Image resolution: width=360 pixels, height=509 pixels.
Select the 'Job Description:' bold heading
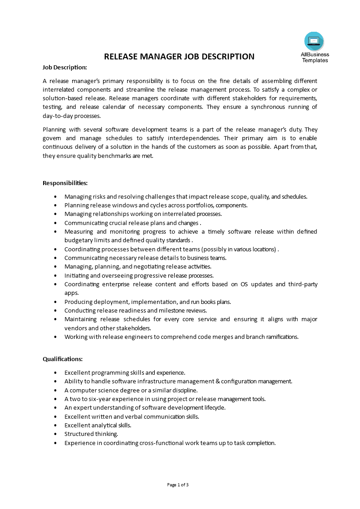64,67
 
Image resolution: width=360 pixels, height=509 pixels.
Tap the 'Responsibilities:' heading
65,183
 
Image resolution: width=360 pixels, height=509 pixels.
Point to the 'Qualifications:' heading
63,359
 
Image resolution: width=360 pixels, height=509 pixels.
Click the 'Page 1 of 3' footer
178,485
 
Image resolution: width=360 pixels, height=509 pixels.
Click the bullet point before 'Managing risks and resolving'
55,197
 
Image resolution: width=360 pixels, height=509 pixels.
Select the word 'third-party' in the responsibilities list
303,284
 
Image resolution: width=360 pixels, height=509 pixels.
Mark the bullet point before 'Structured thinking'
55,434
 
